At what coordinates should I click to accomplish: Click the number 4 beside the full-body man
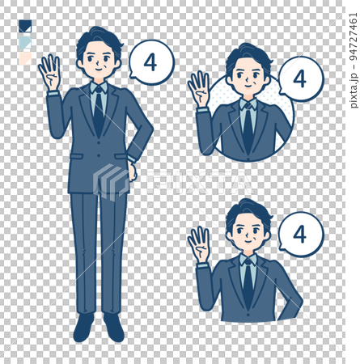click(150, 62)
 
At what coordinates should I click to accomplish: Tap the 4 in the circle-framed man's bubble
click(299, 79)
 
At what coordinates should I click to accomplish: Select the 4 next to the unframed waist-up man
click(299, 234)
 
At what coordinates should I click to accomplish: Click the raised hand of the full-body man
click(49, 73)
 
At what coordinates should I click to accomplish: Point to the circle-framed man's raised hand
click(199, 89)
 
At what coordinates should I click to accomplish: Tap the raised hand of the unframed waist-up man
click(199, 243)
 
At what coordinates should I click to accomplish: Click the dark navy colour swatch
click(24, 27)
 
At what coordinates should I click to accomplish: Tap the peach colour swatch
click(24, 57)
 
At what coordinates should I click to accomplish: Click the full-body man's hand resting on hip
click(133, 170)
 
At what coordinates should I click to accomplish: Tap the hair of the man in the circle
click(247, 56)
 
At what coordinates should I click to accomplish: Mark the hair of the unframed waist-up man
click(247, 210)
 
